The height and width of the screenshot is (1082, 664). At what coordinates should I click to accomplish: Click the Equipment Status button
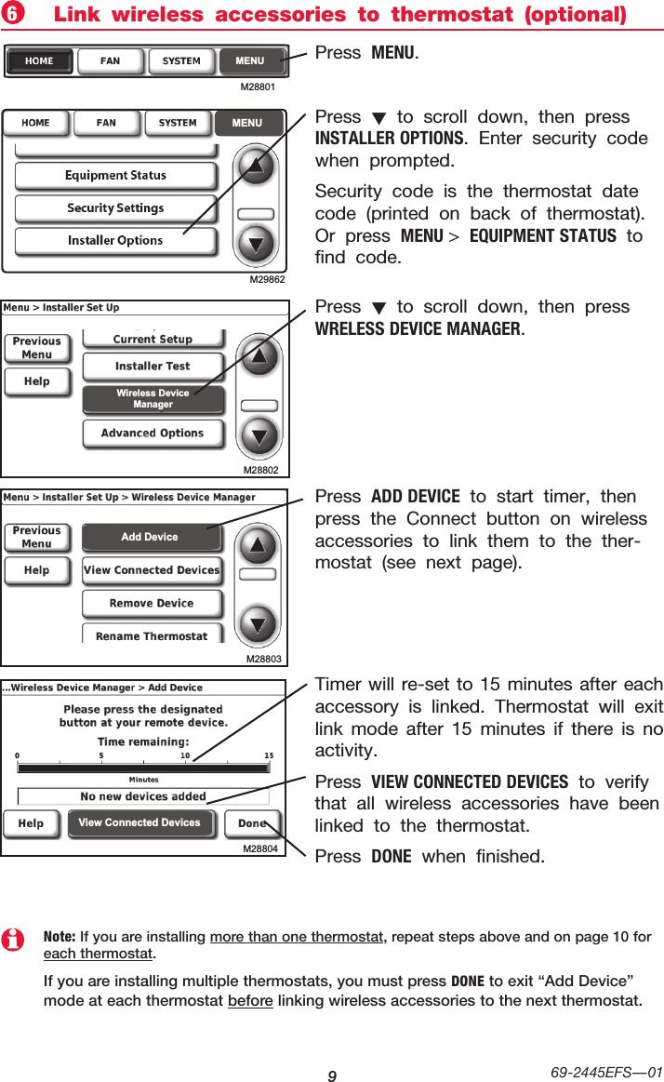115,176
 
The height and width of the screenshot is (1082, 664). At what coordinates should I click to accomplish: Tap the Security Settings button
115,208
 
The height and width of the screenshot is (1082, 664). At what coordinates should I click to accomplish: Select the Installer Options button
115,241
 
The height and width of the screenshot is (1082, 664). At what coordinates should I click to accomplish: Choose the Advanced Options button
153,434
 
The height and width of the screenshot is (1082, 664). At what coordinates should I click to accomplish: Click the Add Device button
150,537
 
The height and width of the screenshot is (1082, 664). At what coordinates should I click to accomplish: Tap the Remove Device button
152,604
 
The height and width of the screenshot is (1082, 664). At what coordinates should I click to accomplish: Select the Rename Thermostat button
152,635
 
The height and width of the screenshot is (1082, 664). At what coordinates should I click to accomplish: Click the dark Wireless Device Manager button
153,399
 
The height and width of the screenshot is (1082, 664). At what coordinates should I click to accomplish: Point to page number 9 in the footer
331,1076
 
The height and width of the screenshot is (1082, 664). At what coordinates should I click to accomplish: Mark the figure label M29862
266,279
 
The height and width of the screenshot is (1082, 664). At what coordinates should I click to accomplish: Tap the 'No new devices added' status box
143,796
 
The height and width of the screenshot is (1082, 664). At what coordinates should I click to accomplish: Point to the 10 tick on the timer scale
184,755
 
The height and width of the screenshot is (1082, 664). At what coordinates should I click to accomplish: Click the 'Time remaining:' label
143,741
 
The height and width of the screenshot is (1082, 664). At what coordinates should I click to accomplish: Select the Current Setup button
153,340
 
